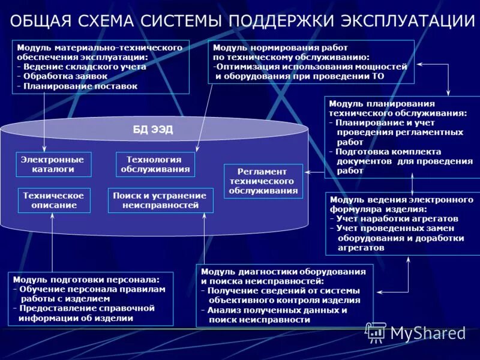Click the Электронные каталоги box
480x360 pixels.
53,164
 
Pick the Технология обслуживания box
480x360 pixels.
155,164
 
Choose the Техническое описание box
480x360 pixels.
53,200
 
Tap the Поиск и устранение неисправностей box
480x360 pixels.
160,200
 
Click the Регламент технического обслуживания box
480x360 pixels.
263,181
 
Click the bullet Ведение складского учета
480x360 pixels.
84,67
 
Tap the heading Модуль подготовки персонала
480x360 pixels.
86,280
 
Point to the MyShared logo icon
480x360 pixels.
376,332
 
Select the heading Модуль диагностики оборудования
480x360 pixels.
283,271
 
